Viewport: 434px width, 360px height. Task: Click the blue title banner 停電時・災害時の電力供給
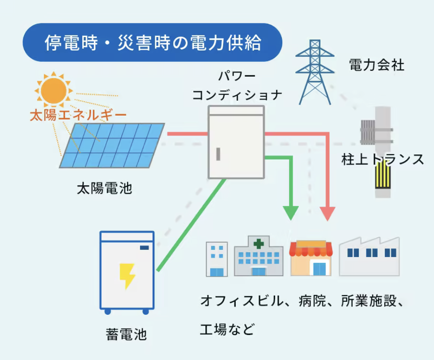(x=153, y=43)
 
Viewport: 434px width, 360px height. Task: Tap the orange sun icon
(x=54, y=90)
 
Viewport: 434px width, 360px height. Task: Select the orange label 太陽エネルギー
(x=78, y=115)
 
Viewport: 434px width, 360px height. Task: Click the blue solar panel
(x=112, y=146)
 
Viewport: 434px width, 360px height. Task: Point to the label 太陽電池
(x=104, y=189)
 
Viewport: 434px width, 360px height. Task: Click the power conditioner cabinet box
(x=236, y=142)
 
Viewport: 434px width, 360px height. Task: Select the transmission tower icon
(x=315, y=72)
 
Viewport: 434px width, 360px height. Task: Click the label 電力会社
(x=377, y=65)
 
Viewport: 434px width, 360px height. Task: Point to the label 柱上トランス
(x=383, y=159)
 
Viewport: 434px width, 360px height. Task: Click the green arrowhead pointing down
(x=291, y=213)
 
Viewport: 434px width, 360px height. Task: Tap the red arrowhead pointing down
(x=328, y=214)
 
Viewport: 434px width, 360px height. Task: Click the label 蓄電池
(x=126, y=334)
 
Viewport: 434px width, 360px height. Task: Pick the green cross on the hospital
(x=259, y=244)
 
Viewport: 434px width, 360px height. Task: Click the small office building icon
(x=217, y=259)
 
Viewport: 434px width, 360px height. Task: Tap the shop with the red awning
(x=311, y=258)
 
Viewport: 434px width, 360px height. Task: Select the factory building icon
(x=369, y=257)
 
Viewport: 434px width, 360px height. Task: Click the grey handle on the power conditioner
(x=218, y=154)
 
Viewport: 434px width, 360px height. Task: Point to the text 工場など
(x=227, y=329)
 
